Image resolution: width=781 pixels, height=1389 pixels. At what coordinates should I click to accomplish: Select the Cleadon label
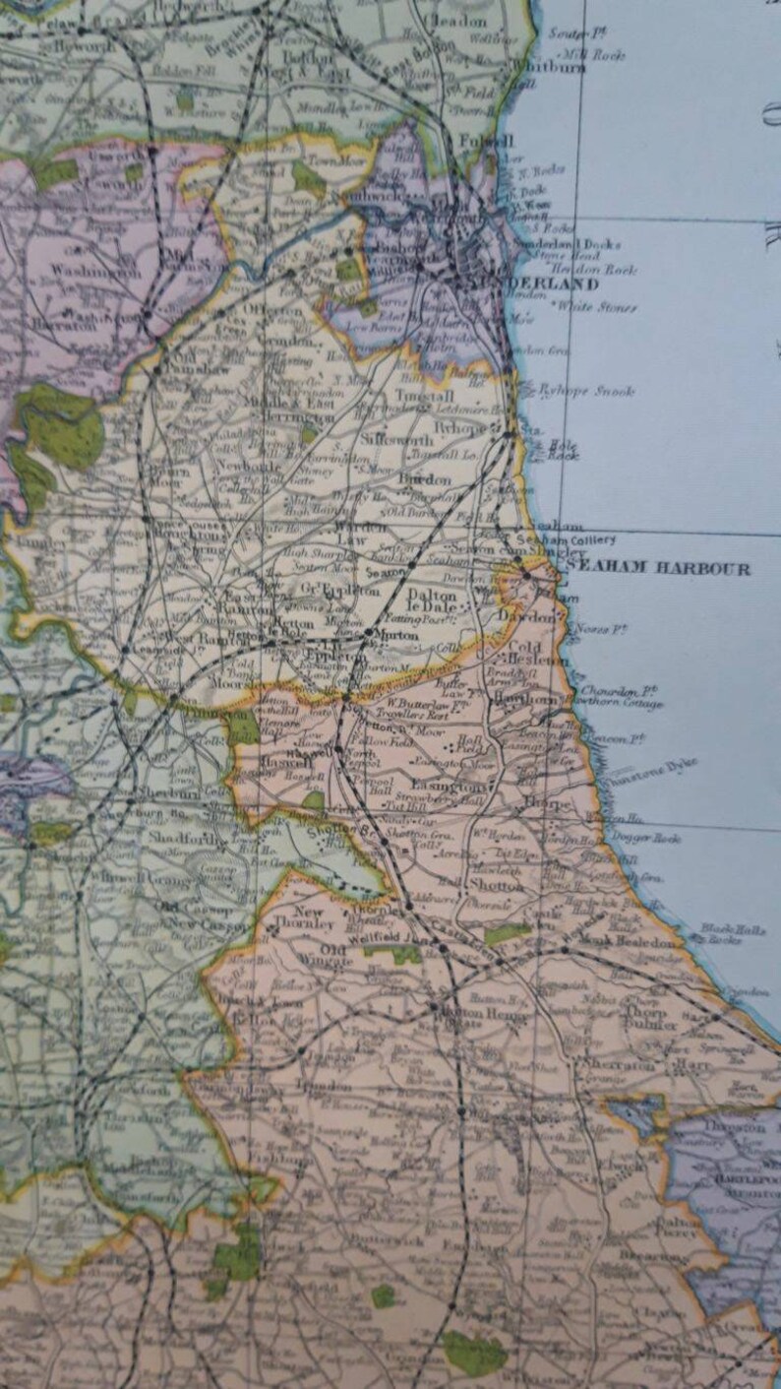455,20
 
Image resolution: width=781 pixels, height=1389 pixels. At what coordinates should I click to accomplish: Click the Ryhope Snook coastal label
585,391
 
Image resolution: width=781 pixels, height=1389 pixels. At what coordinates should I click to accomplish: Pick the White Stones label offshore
597,306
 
